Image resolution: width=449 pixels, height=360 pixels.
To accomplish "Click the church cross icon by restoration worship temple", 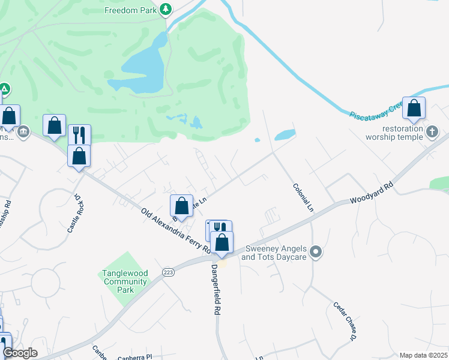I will coord(432,131).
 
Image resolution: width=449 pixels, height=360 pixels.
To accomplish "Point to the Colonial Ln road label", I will coord(303,197).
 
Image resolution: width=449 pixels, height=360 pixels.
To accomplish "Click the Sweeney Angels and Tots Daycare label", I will coord(274,253).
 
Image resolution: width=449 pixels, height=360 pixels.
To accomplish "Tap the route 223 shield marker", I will coord(167,272).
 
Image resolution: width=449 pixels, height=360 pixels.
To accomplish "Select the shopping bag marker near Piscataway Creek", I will coord(414,109).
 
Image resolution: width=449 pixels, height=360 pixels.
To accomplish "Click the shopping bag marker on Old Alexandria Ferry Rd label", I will coord(181,206).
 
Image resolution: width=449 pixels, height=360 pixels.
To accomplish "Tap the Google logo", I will coord(19,353).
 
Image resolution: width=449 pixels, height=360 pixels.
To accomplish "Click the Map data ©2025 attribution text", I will coord(423,355).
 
